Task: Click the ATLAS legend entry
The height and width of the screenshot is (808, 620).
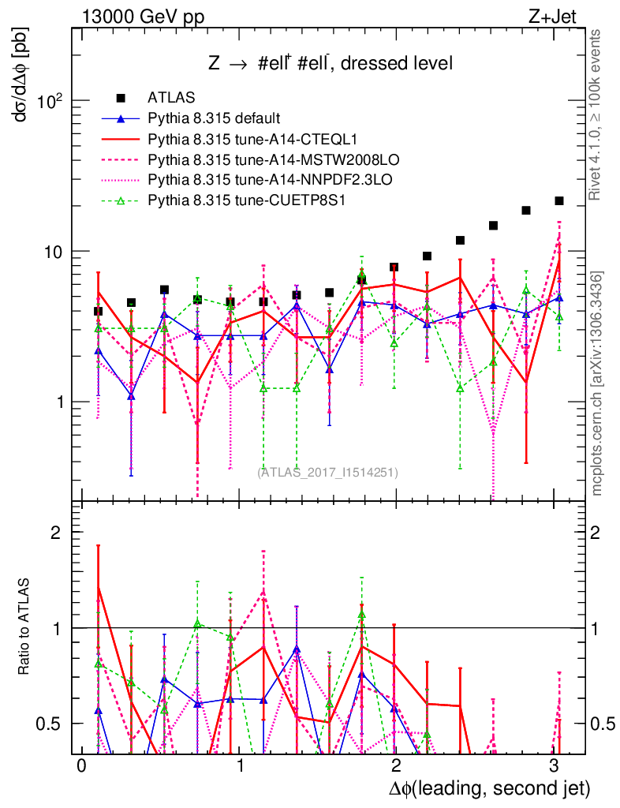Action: [x=166, y=98]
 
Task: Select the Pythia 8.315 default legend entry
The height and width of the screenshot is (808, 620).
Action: [x=214, y=118]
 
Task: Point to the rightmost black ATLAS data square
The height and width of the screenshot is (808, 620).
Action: [x=559, y=201]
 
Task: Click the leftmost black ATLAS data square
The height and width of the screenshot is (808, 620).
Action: [x=98, y=312]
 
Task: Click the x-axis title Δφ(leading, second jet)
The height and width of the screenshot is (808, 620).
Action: [x=489, y=788]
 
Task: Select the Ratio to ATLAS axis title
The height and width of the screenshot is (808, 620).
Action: [x=24, y=628]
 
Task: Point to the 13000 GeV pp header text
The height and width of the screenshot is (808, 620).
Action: [x=142, y=16]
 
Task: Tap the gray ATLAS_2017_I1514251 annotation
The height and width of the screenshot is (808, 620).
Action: [x=327, y=472]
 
